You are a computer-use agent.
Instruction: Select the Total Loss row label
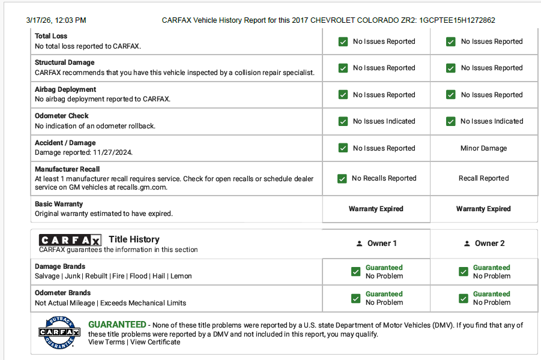pos(51,36)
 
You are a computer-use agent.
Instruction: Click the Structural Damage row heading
pos(64,62)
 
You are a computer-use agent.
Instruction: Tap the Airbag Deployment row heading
pos(65,89)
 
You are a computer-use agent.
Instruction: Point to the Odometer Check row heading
pos(61,116)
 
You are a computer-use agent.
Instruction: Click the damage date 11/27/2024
pos(110,152)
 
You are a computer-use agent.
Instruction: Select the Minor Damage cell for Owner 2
pos(483,148)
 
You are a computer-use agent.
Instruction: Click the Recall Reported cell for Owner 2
pos(483,178)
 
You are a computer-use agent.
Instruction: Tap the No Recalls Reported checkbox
pos(342,179)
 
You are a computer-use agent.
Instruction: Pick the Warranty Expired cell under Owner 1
pos(376,209)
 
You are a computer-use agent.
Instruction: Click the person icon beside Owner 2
pos(467,244)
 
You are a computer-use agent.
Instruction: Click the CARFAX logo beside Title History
pos(70,240)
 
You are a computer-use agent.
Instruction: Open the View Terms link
pos(106,342)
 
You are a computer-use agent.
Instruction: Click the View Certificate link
pos(155,342)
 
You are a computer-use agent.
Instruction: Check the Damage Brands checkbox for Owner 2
pos(463,272)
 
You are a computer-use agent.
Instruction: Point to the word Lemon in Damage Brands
pos(181,276)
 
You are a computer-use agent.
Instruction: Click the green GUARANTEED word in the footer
pos(117,325)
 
